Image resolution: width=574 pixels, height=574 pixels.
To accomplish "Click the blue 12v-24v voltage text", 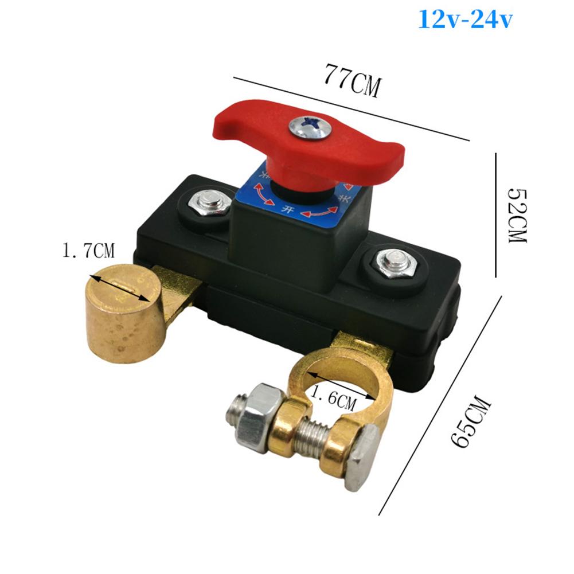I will click(465, 19).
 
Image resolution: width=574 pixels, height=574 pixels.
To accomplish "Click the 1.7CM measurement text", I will click(88, 251).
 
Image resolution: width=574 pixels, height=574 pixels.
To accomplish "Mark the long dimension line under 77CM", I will click(351, 108).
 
